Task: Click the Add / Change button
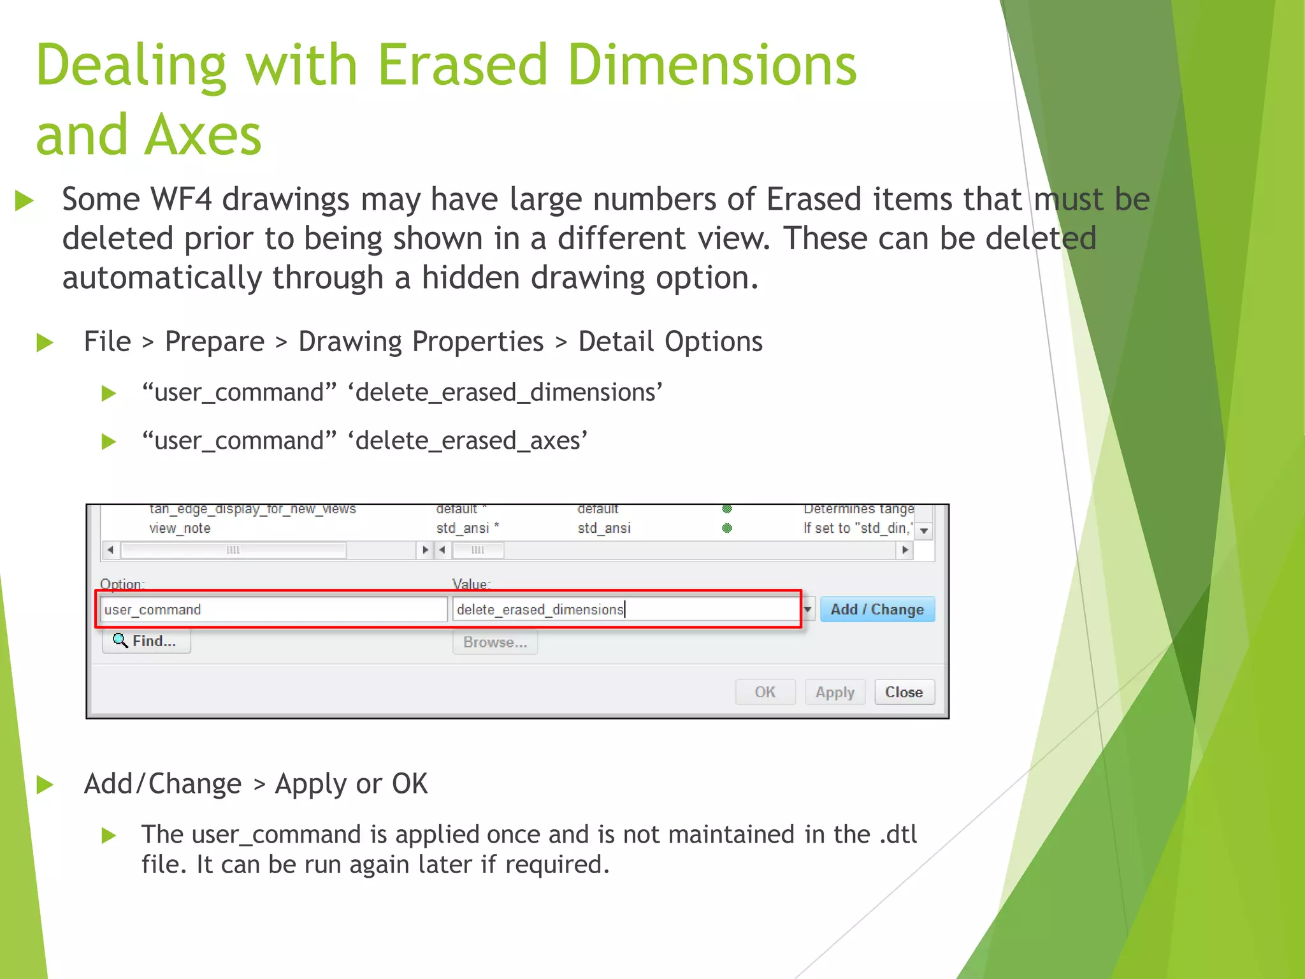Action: [877, 609]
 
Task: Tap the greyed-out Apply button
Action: [835, 692]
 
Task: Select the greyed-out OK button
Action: [765, 692]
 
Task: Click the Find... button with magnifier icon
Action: [146, 641]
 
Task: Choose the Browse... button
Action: [495, 642]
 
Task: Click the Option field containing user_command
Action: [273, 610]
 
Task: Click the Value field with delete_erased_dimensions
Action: [624, 610]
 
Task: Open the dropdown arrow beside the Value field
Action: [808, 610]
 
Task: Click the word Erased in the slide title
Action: [463, 64]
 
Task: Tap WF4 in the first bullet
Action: [181, 199]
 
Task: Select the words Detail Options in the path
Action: [670, 342]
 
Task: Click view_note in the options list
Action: [180, 528]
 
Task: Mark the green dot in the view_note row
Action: [727, 528]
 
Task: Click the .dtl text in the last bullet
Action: [898, 834]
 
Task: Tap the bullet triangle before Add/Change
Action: [45, 785]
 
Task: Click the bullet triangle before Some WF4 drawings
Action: [24, 200]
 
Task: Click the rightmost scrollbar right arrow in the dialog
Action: [905, 549]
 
